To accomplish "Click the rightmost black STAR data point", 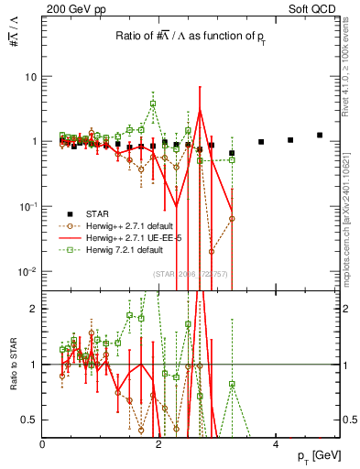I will pos(320,136).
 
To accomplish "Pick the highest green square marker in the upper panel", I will pos(153,104).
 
